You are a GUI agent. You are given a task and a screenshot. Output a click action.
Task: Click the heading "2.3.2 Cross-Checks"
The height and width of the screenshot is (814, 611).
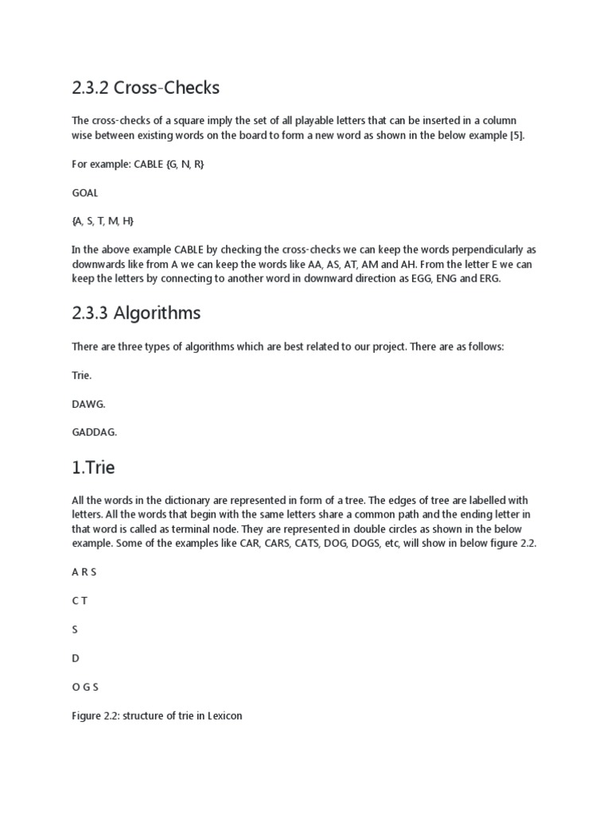[146, 87]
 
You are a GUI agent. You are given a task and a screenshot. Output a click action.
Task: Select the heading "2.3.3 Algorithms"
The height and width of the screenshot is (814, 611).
[136, 313]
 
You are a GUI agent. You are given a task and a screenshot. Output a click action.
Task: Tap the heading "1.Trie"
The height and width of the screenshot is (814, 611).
[93, 467]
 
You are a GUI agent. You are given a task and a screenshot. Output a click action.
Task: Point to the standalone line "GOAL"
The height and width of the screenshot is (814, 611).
[85, 192]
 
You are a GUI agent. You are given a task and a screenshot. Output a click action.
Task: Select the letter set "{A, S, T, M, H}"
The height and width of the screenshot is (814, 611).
[104, 221]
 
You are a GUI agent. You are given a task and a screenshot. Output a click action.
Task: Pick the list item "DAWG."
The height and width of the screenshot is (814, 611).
[88, 404]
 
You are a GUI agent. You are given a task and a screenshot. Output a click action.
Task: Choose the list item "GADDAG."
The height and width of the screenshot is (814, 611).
[95, 432]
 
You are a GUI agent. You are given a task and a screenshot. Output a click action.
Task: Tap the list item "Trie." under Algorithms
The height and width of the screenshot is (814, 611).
[81, 375]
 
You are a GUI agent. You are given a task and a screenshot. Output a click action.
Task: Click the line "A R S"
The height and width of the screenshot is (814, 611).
[84, 572]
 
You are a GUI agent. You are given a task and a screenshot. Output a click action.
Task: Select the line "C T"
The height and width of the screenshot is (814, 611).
[80, 600]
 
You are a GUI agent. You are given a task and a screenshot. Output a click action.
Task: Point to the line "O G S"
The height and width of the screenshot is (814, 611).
[85, 687]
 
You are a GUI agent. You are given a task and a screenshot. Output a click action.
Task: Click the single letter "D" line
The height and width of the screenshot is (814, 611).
[76, 658]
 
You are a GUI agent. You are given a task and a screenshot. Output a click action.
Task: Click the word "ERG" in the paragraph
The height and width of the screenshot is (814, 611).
[486, 279]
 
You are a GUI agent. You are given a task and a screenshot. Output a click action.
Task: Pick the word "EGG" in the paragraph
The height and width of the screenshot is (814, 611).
[412, 279]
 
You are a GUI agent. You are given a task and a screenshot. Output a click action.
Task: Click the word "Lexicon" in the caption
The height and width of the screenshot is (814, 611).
[224, 715]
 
